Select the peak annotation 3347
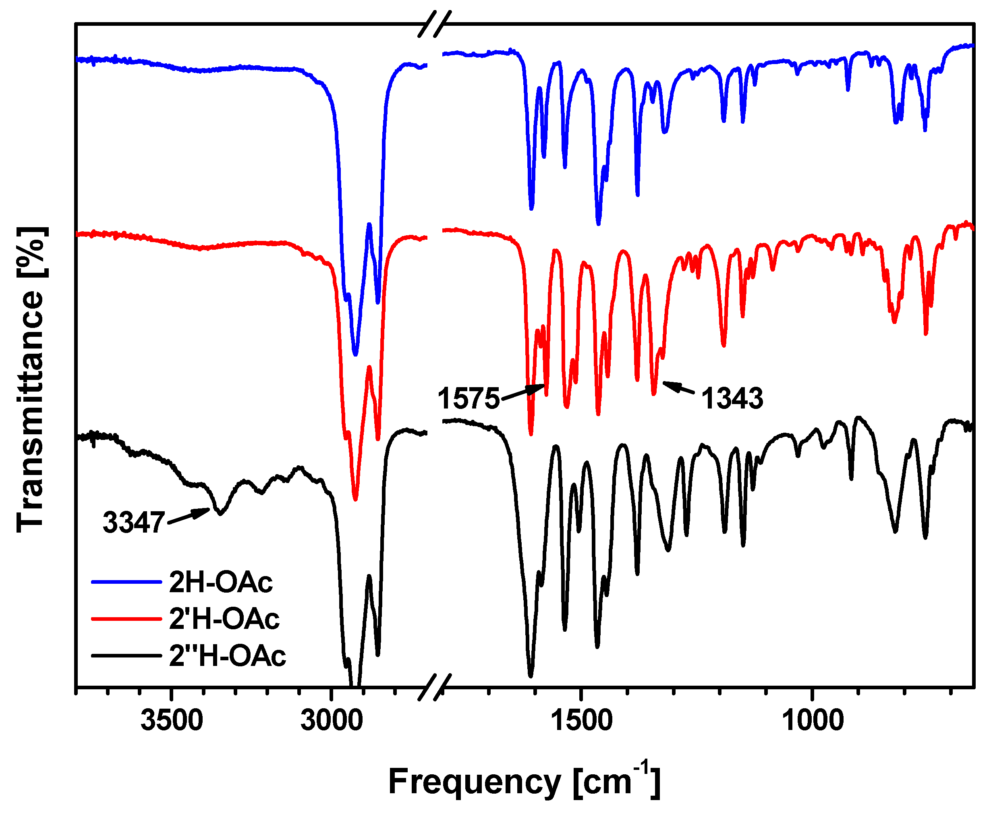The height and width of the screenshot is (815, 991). (x=134, y=522)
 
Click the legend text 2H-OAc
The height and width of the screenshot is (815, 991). (x=221, y=582)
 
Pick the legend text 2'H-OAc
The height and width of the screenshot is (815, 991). (x=224, y=618)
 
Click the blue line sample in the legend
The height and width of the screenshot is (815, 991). (x=127, y=582)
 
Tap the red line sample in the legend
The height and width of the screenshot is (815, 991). (x=127, y=619)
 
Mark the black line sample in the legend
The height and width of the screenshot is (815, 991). (x=127, y=655)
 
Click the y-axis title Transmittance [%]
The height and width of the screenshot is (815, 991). (x=31, y=380)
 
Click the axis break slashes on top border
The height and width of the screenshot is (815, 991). (x=435, y=23)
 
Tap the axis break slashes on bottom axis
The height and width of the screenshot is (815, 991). (x=435, y=687)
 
